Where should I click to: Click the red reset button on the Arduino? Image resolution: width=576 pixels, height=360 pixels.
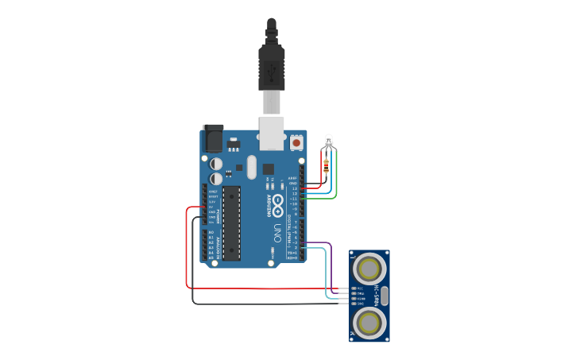pos(296,142)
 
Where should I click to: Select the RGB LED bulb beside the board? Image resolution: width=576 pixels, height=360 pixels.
pos(329,142)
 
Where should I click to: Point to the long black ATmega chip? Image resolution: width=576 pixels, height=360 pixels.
pos(231,223)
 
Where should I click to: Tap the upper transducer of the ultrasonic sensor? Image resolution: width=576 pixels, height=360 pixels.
pos(369,265)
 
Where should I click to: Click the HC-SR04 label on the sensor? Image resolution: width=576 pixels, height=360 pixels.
pos(386,274)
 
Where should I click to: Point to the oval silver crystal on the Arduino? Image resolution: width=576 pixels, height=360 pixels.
pos(251,167)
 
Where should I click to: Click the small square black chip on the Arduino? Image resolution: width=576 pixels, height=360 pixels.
pos(268,168)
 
